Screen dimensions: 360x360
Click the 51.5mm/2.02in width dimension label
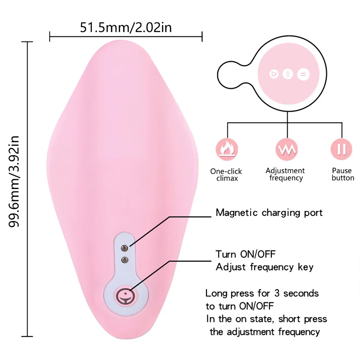click(x=126, y=27)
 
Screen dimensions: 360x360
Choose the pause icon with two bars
click(x=342, y=149)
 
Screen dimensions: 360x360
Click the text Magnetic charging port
click(x=269, y=212)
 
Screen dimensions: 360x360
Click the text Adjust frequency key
click(x=265, y=267)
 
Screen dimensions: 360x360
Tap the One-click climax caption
click(x=226, y=175)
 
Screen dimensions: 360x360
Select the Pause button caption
click(x=342, y=174)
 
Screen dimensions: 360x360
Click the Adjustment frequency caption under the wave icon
click(x=285, y=174)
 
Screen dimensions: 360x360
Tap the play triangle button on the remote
click(x=273, y=74)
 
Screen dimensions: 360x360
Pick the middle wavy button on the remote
click(x=288, y=74)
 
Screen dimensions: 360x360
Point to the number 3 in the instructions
click(x=265, y=293)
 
